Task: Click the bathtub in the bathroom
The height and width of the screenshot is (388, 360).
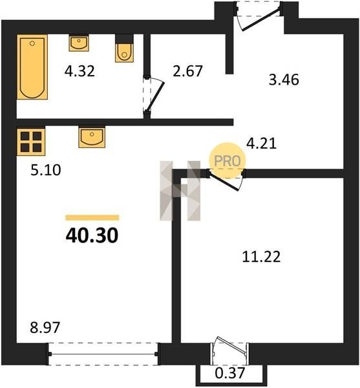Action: point(32,67)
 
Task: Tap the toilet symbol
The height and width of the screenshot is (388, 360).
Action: point(124,48)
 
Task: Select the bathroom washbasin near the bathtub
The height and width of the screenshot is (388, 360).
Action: point(79,43)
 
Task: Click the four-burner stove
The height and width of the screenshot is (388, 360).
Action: point(31,141)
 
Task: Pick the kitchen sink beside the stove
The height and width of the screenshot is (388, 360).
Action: point(92,137)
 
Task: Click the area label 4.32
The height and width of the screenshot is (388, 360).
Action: point(79,71)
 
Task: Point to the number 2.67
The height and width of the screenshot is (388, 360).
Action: point(187,71)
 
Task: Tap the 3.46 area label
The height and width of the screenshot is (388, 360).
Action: point(284,80)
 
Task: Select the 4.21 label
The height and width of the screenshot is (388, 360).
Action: point(261,144)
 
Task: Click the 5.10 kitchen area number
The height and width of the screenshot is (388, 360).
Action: point(46,170)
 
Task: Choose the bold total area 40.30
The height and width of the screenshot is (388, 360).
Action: point(92,235)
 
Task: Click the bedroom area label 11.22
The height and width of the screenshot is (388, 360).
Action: point(261,257)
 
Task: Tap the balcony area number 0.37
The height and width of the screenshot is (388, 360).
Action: point(230,373)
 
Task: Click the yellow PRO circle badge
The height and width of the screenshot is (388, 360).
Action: point(228,161)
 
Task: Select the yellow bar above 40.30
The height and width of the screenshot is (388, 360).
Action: point(92,217)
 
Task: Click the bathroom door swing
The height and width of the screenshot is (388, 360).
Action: point(154,96)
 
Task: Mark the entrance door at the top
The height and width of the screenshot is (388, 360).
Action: point(259,17)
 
